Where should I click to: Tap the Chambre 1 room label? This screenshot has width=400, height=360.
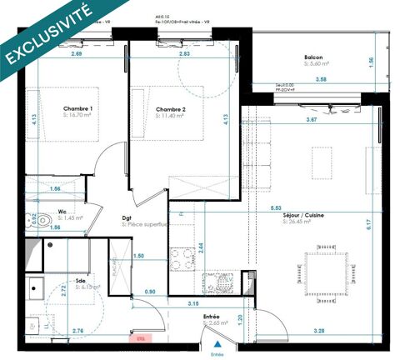[x=77, y=108]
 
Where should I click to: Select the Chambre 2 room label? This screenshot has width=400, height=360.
[x=169, y=108]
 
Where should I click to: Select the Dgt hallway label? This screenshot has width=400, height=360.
[x=126, y=216]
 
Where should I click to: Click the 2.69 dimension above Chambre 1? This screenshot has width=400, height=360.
[x=76, y=54]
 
